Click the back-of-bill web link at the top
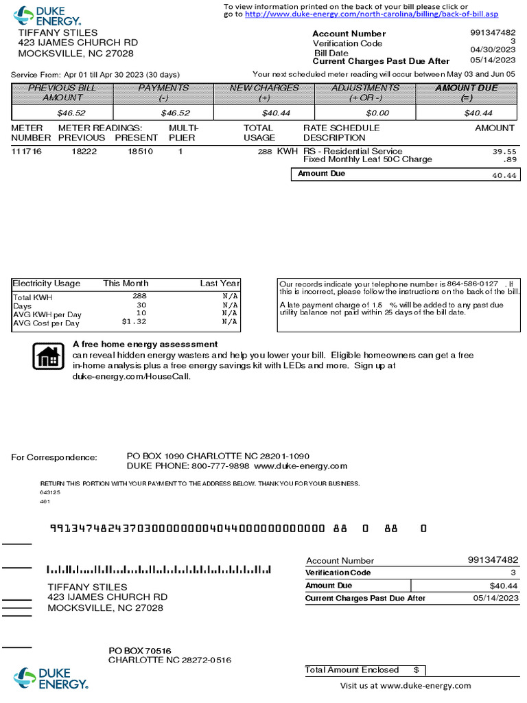click(x=371, y=14)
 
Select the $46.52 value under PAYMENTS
click(x=175, y=113)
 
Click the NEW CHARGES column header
click(x=264, y=88)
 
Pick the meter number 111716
click(x=26, y=151)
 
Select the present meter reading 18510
click(x=140, y=151)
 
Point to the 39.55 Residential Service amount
click(x=504, y=151)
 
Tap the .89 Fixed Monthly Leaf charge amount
click(x=510, y=159)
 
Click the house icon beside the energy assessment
click(x=48, y=356)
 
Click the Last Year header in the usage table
click(x=220, y=283)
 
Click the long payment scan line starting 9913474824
click(x=187, y=529)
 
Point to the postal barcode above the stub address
click(x=159, y=570)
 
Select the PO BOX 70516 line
click(x=140, y=650)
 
